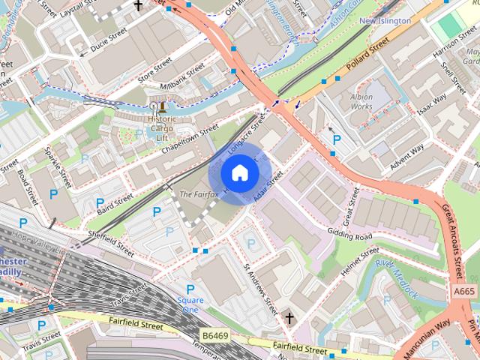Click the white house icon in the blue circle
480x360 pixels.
(x=238, y=174)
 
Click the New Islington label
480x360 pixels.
(x=385, y=21)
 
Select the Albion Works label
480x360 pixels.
(x=361, y=102)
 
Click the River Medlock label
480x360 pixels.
(x=396, y=278)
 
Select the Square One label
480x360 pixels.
(x=190, y=304)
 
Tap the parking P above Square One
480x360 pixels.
(x=190, y=289)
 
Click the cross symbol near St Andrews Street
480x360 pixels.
(x=289, y=319)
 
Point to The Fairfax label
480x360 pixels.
(x=198, y=195)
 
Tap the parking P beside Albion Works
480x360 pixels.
(x=337, y=139)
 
